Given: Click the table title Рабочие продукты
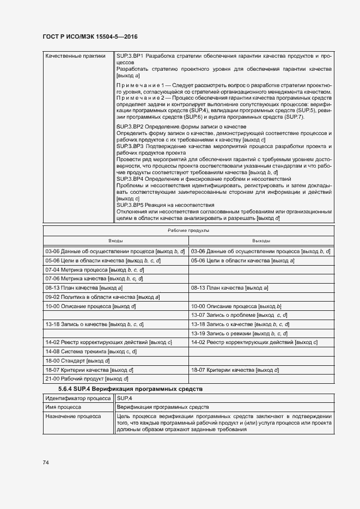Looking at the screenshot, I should pyautogui.click(x=188, y=230).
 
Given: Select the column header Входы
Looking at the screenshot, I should pyautogui.click(x=115, y=240).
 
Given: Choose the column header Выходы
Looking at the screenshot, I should pyautogui.click(x=261, y=240).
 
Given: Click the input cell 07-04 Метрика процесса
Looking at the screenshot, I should pyautogui.click(x=94, y=269).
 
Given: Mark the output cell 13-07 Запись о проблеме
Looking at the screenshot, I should pyautogui.click(x=239, y=315).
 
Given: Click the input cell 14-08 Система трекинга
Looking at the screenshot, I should pyautogui.click(x=91, y=352).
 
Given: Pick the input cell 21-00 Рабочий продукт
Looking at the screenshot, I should pyautogui.click(x=87, y=379).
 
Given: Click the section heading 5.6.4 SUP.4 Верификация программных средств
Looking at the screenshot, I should pyautogui.click(x=130, y=389).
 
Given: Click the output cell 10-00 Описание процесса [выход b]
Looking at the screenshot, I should pyautogui.click(x=236, y=306).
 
